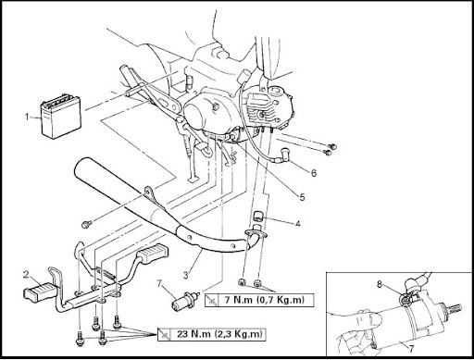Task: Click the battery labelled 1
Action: coord(61,117)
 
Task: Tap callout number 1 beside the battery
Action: coord(28,117)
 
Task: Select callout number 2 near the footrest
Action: coord(26,274)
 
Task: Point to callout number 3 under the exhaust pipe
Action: coord(185,275)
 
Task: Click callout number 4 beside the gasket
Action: coord(297,223)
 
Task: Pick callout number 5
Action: coord(302,197)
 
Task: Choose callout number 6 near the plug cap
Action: coord(314,173)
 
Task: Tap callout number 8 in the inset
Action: coord(380,284)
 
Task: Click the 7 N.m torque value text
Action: coord(264,300)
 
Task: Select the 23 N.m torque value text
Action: coord(219,334)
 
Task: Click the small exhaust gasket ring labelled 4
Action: coord(258,217)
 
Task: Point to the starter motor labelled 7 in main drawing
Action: coord(183,300)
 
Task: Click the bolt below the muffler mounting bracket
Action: coord(86,224)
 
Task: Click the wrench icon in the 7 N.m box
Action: coord(212,300)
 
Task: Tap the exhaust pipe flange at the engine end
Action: coord(256,233)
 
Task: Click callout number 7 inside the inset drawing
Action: coord(411,349)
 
